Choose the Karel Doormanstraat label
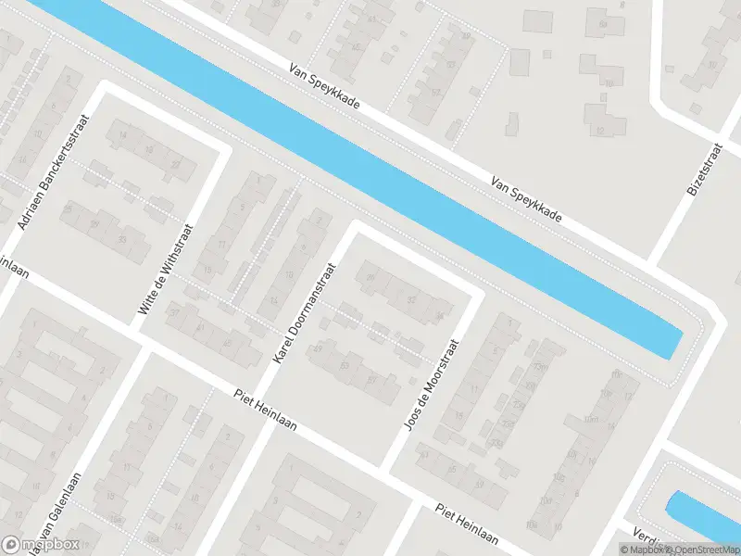coord(303,312)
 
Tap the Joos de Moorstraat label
coord(433,382)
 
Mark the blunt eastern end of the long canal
coord(674,343)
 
